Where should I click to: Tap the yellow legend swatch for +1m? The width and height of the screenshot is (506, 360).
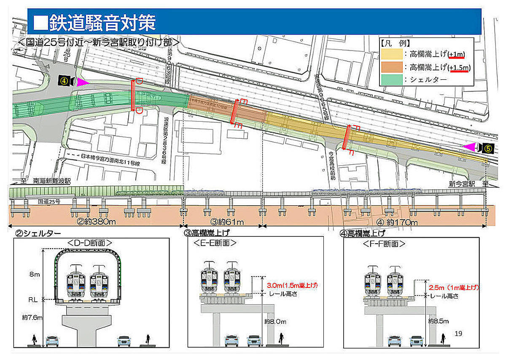pos(392,54)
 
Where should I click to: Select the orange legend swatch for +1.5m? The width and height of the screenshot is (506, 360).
pos(392,67)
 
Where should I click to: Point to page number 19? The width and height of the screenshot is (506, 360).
pos(459,333)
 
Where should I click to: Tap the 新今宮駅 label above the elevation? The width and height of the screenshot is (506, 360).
pos(462,184)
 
